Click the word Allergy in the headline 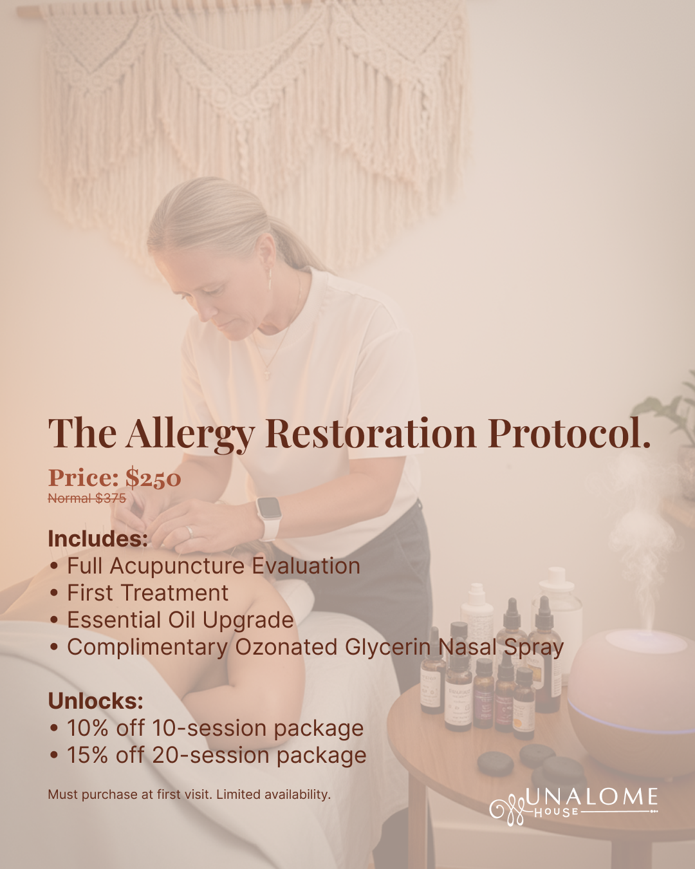[190, 433]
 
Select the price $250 [153, 478]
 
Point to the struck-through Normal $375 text [87, 498]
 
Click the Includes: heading [98, 539]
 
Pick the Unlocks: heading [95, 701]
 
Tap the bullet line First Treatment [147, 593]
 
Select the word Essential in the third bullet [113, 620]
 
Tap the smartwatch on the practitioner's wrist [269, 516]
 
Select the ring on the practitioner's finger [189, 531]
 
